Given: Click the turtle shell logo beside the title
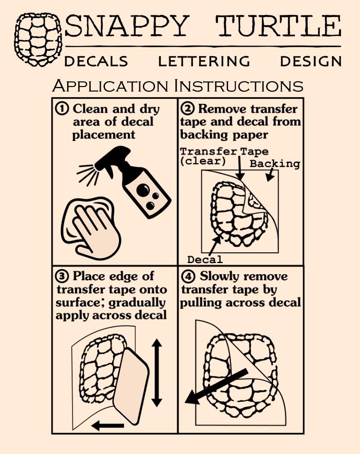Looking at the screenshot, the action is tap(38, 40).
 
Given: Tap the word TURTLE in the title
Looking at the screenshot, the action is tap(278, 26).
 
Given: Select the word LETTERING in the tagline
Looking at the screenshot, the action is tap(204, 61).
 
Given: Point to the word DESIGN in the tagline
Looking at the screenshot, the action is tap(311, 61).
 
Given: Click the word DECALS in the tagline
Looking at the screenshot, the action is tap(96, 61).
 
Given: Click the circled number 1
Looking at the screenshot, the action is tap(62, 109).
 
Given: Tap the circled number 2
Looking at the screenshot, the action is tap(187, 109).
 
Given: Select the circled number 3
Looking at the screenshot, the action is tap(62, 276).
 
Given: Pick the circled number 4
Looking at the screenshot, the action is tap(188, 276).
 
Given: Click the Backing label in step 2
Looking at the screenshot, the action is tap(275, 164).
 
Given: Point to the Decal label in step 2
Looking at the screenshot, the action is tap(205, 259).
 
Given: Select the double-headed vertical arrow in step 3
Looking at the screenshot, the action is tap(157, 373).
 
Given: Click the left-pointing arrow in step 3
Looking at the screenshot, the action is tap(107, 426).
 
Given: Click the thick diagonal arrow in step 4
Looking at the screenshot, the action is tap(217, 387).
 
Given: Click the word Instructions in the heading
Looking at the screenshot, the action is tap(239, 86).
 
